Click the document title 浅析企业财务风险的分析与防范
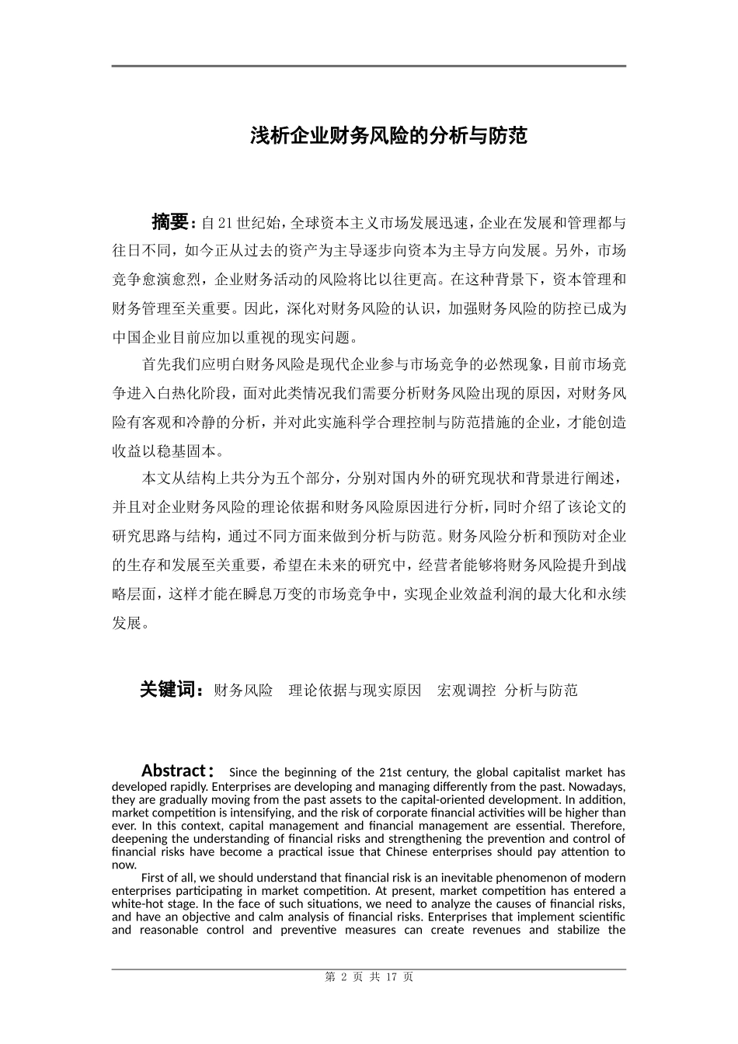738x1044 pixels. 388,136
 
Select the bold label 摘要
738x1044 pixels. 169,222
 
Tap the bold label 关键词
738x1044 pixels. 171,689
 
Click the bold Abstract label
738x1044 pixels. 173,771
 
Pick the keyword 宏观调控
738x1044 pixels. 466,690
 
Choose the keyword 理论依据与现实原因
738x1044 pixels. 355,690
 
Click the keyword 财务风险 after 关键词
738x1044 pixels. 243,690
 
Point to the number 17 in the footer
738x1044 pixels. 392,977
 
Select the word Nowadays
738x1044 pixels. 600,785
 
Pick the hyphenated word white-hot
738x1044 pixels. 138,903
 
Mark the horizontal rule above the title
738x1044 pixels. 368,66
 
